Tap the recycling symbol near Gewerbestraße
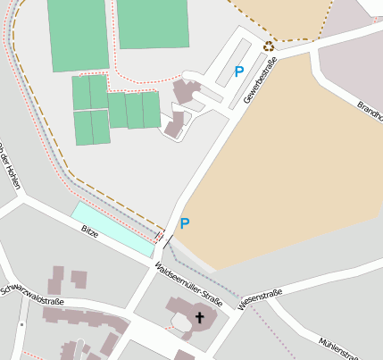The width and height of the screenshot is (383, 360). (268, 46)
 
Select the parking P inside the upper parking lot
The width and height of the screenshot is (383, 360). (238, 71)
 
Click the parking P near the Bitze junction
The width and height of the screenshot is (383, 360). (184, 223)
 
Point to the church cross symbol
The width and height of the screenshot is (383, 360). (200, 317)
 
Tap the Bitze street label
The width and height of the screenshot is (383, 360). (89, 232)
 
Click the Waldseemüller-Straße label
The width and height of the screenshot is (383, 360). (187, 285)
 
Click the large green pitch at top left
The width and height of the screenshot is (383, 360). (79, 34)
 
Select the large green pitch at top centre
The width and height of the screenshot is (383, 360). (153, 23)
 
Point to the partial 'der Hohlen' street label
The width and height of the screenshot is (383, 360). (11, 164)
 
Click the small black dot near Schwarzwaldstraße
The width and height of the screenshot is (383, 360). (21, 323)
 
